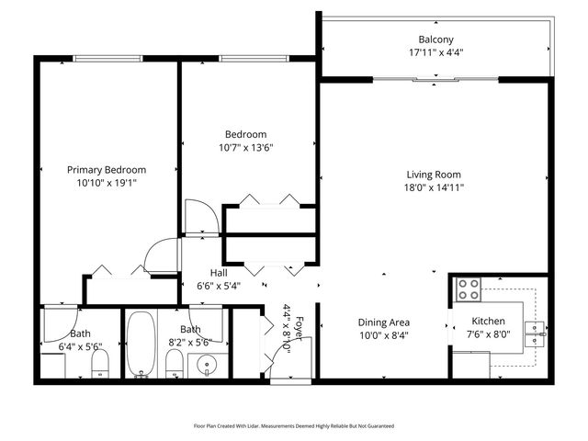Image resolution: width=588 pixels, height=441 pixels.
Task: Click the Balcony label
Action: coord(435,40)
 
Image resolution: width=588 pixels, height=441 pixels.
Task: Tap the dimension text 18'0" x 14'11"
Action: coord(435,187)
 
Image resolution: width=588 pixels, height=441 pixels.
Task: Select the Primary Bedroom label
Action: coord(107,169)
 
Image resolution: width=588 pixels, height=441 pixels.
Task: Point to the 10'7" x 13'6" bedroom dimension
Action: coord(246,147)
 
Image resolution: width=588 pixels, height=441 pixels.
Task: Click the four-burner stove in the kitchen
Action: coord(469,289)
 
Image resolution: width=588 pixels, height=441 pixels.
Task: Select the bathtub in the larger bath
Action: coord(141,345)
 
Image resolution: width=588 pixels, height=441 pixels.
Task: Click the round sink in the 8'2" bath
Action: coord(207,365)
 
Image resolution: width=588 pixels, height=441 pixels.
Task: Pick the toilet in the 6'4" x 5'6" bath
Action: coord(101,365)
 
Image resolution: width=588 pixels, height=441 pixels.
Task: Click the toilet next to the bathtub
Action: coord(173,365)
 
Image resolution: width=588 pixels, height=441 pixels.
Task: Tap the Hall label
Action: coord(219,273)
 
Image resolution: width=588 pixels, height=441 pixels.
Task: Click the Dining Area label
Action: coord(383,322)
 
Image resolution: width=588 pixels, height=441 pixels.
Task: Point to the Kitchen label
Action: coord(488,322)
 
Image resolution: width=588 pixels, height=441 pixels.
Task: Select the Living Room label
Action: coord(435,175)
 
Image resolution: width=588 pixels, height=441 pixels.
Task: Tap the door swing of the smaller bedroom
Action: coord(200,217)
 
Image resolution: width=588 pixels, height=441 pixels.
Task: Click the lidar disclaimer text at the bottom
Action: coord(294,426)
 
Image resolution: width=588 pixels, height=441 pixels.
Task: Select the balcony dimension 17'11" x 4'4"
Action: coord(435,52)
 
